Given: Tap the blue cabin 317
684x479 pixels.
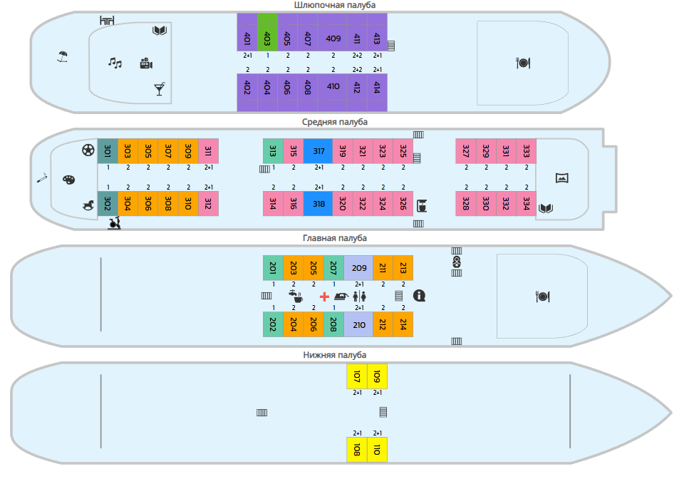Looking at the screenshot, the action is [x=318, y=151].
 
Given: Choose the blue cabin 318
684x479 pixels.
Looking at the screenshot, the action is [x=318, y=204].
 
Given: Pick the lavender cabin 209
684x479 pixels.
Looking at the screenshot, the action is [x=358, y=268].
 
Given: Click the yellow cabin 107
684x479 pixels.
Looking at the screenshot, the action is [x=357, y=376].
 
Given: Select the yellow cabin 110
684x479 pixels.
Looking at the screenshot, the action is [x=378, y=449].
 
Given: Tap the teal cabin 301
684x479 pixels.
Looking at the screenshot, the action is [x=108, y=151].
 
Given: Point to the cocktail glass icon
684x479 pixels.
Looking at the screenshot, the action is [x=160, y=88].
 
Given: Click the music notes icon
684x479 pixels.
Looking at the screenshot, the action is [x=115, y=63].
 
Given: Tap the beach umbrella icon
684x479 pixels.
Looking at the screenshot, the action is [x=63, y=56].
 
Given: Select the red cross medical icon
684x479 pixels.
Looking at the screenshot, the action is [x=324, y=297].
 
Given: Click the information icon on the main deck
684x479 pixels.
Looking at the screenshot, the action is [x=419, y=296].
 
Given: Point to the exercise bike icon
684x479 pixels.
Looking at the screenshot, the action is [x=114, y=223].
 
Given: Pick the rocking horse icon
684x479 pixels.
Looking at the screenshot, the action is [x=88, y=205].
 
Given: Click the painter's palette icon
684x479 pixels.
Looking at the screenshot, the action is [x=69, y=180].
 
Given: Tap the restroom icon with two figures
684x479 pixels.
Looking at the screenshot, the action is [x=359, y=297].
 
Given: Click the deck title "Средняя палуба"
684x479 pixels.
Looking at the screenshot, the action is [x=335, y=122].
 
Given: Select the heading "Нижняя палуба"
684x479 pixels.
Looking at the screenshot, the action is [x=335, y=355].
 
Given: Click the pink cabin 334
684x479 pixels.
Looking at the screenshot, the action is [x=527, y=204].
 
